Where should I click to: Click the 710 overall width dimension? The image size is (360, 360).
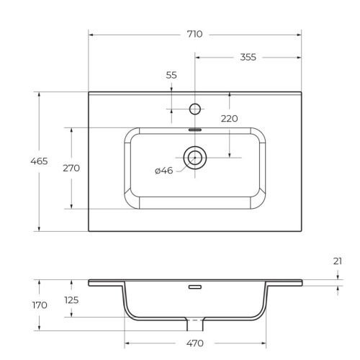click(x=194, y=34)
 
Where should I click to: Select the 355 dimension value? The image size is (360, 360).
click(x=248, y=57)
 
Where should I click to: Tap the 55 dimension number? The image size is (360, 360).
click(x=171, y=75)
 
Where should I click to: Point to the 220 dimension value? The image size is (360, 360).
click(x=230, y=119)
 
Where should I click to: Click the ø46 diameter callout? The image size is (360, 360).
click(x=164, y=171)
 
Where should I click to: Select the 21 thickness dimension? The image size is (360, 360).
click(x=338, y=262)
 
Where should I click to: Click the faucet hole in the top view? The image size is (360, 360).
click(x=194, y=109)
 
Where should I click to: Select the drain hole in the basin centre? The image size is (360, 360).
click(x=194, y=155)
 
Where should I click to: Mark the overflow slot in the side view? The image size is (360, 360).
click(x=194, y=287)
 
